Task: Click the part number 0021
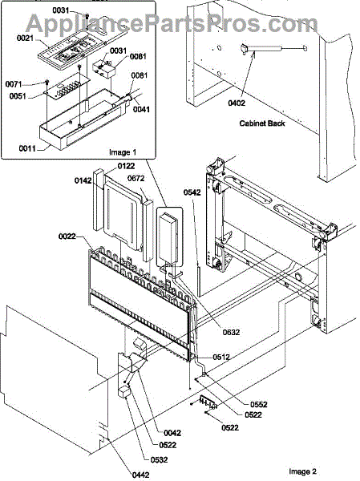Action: [x=25, y=38]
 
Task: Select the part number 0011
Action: [x=27, y=148]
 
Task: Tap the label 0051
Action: [x=18, y=96]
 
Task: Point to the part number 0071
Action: [x=14, y=83]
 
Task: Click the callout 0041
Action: [x=141, y=109]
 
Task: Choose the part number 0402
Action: [x=237, y=103]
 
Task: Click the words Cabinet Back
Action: [x=262, y=123]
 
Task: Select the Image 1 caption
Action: [x=123, y=152]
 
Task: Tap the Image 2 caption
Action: [x=302, y=471]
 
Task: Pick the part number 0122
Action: [x=126, y=166]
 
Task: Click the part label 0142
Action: [x=83, y=180]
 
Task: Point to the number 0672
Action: [x=136, y=178]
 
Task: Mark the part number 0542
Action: [x=192, y=192]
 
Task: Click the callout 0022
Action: [x=67, y=236]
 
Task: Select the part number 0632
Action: [x=231, y=332]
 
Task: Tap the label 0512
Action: [x=221, y=357]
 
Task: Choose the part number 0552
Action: [x=258, y=404]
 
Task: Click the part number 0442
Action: [x=141, y=475]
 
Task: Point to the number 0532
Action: [x=159, y=459]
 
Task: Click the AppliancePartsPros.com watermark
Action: [x=172, y=23]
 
